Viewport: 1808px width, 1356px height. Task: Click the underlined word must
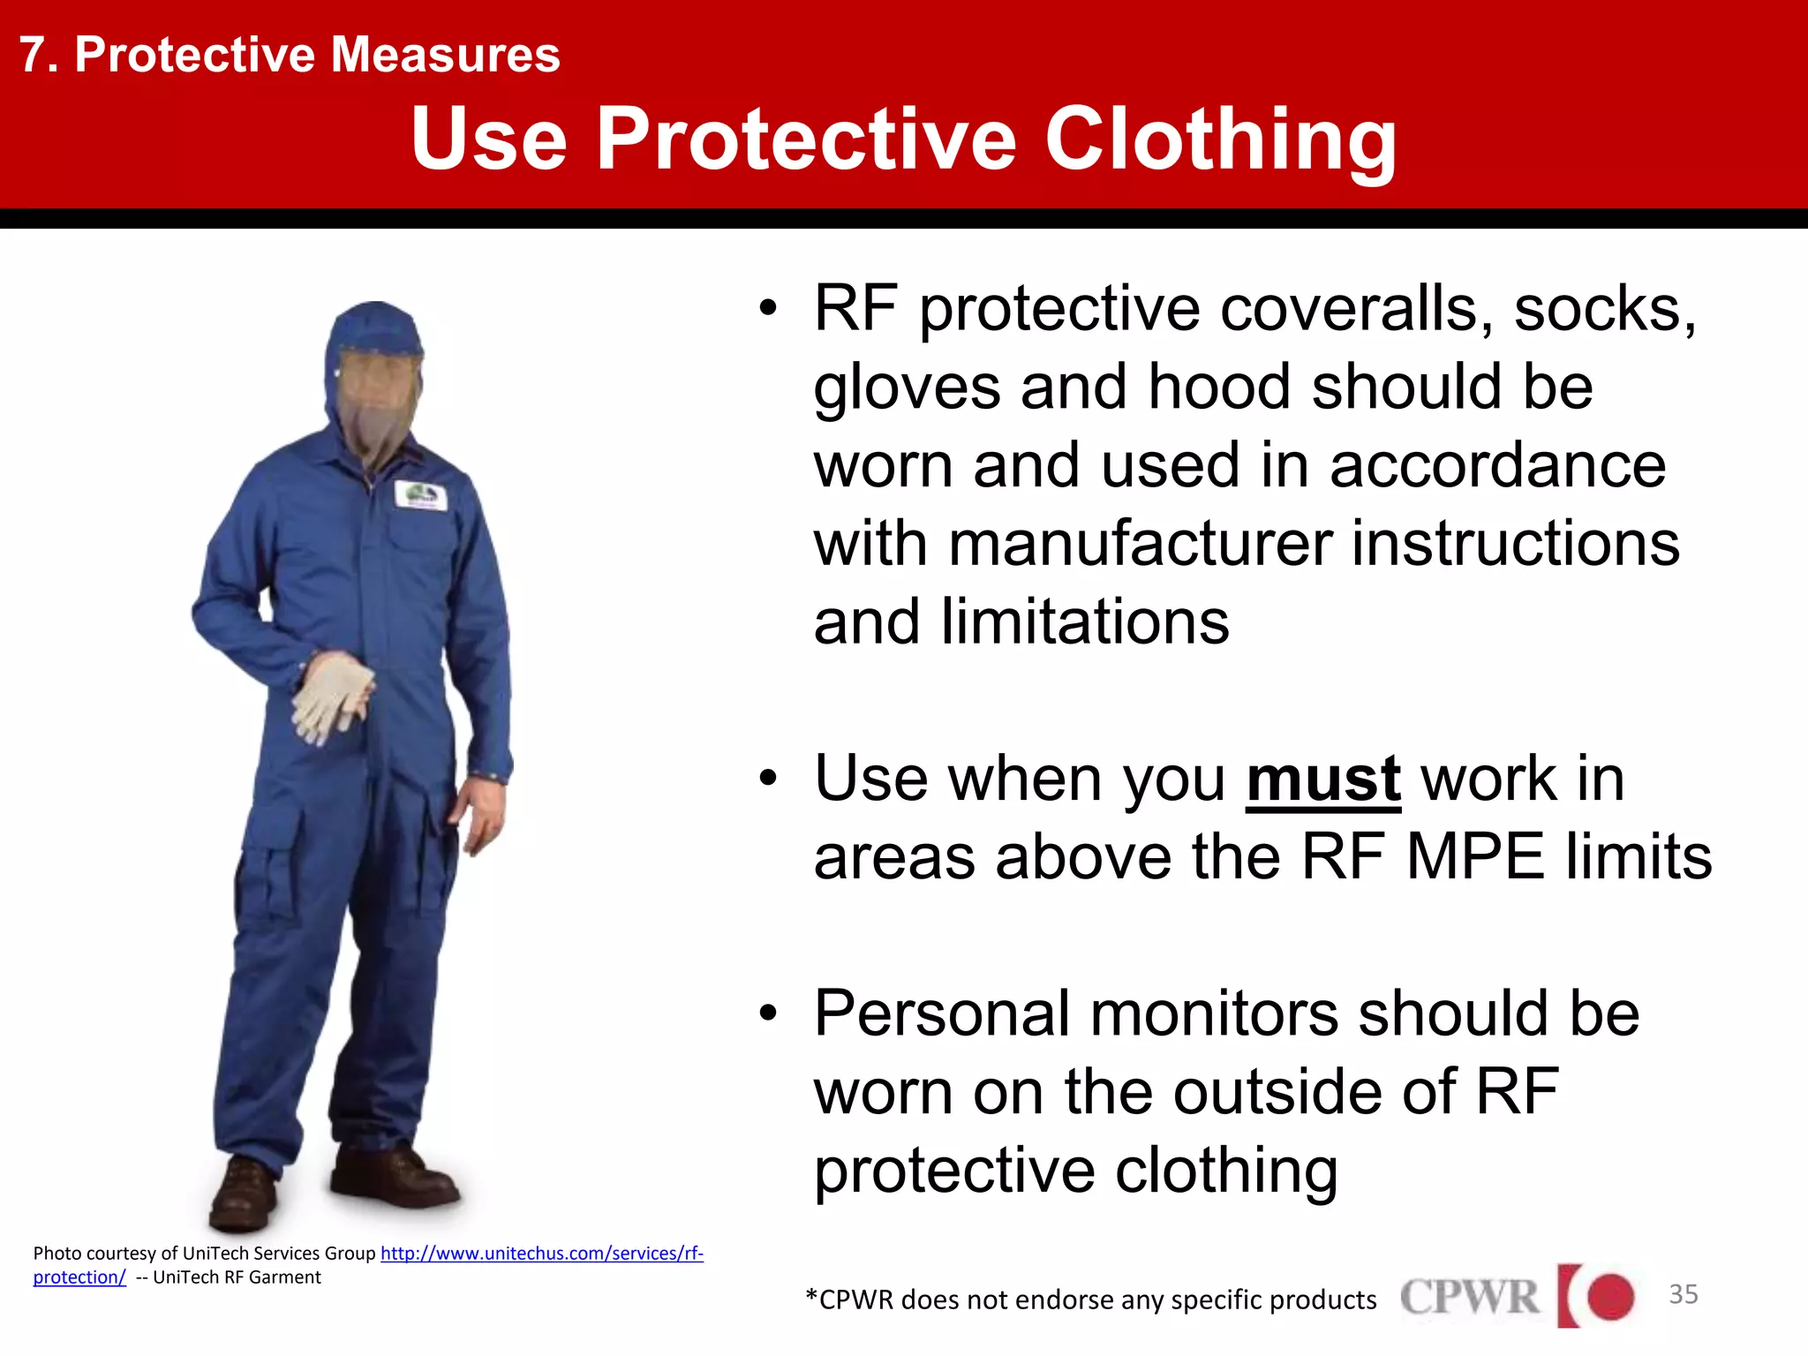coord(1322,780)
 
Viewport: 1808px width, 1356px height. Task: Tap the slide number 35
coord(1683,1294)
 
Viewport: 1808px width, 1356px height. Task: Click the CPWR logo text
coord(1469,1297)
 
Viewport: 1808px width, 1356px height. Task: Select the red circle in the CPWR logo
coord(1609,1296)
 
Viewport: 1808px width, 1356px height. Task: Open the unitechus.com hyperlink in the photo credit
coord(541,1254)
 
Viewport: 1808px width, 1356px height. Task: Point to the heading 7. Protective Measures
coord(290,55)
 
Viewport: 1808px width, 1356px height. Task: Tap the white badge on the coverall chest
coord(419,495)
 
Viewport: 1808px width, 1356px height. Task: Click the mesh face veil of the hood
coord(377,402)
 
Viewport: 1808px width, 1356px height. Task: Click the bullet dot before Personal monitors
coord(768,1014)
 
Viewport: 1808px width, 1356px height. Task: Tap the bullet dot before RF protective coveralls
coord(768,309)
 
